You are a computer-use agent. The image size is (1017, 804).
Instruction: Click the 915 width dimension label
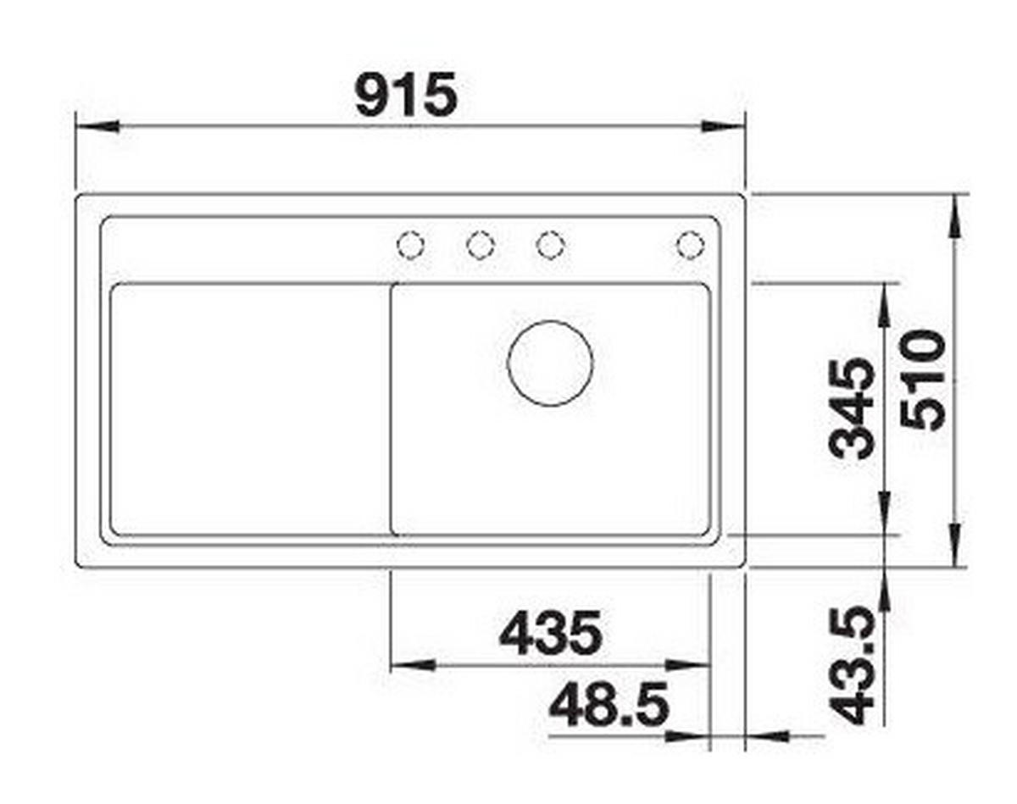click(x=406, y=94)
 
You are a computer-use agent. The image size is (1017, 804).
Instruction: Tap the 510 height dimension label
click(x=922, y=380)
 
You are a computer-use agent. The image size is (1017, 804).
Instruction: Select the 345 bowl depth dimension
click(x=853, y=408)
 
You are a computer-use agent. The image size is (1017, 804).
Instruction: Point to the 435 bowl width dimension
click(x=551, y=634)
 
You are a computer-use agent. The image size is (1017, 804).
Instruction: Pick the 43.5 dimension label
click(x=853, y=665)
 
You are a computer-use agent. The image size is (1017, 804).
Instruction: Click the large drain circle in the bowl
click(x=550, y=363)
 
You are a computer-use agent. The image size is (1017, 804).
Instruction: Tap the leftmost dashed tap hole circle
click(x=410, y=245)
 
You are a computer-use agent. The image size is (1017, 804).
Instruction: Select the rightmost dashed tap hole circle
click(x=691, y=245)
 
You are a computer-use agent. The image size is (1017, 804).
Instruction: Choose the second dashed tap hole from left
click(x=481, y=245)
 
